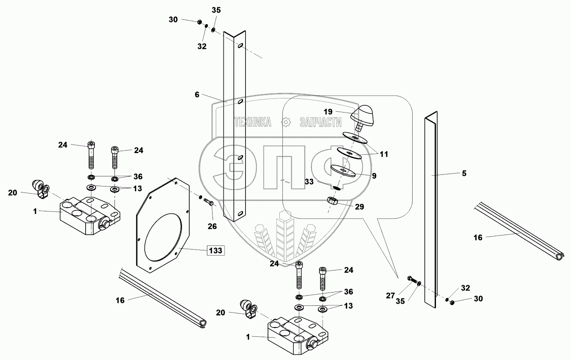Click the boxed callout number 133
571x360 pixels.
click(216, 251)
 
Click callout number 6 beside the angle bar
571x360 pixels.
click(197, 95)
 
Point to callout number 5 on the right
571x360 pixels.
click(464, 174)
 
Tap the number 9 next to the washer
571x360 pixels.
click(374, 176)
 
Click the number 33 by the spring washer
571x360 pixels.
click(309, 182)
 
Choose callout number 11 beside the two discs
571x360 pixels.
click(384, 154)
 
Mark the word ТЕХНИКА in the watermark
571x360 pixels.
click(252, 122)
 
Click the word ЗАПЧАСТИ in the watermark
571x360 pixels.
click(320, 122)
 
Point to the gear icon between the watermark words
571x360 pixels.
click(286, 122)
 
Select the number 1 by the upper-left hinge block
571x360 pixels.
click(35, 211)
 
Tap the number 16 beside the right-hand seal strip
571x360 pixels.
click(477, 237)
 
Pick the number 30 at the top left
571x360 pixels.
click(173, 19)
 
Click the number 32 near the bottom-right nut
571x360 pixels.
click(465, 288)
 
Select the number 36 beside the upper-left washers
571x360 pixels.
click(138, 176)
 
